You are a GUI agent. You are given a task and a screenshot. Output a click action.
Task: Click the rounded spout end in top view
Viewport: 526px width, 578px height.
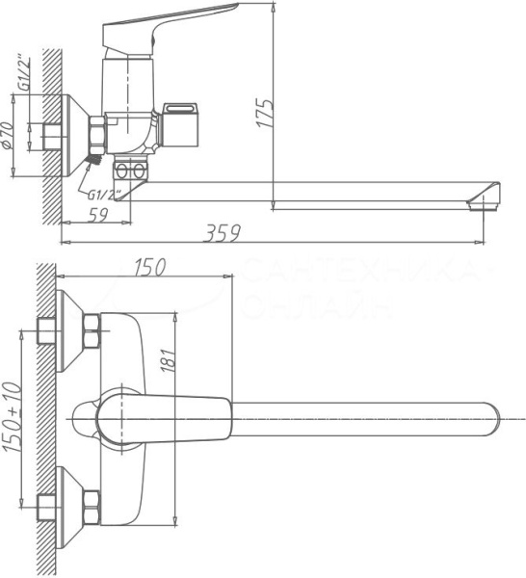click(x=487, y=417)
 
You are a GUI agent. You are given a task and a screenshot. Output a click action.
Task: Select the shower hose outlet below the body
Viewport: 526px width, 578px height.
click(x=133, y=172)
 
